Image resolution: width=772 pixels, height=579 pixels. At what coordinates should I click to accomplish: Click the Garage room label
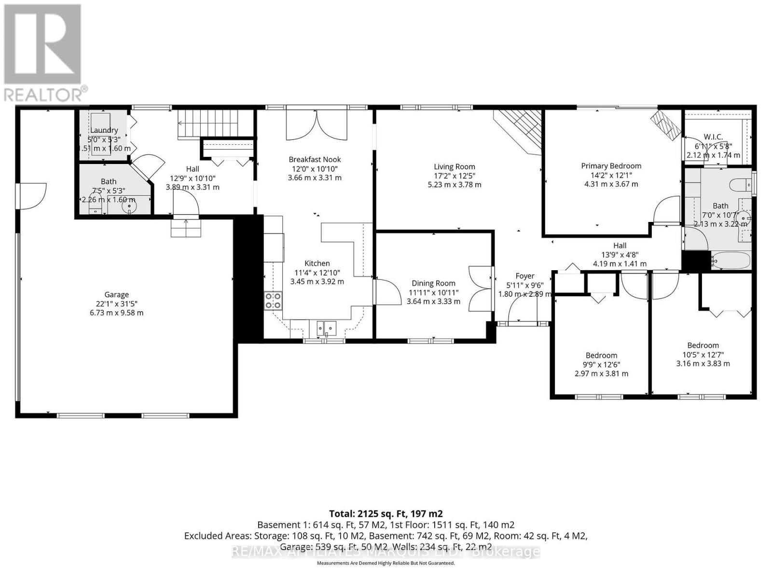click(117, 295)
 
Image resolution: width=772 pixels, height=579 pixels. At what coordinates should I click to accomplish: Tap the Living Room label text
click(454, 167)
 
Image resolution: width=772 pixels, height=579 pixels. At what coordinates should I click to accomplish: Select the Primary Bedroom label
click(611, 166)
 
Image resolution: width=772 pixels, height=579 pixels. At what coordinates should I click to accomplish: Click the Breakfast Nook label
click(315, 160)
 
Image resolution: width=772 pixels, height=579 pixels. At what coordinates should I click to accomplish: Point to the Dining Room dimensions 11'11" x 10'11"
click(433, 292)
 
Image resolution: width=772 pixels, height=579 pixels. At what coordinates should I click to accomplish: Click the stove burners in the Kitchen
click(273, 301)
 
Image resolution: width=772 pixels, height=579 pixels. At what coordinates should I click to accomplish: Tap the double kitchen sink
click(327, 328)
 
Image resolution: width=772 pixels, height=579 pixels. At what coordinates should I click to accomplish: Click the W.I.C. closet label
click(713, 137)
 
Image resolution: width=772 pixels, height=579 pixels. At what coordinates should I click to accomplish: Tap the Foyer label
click(525, 276)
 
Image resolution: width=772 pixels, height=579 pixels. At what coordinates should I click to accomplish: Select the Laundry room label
click(104, 130)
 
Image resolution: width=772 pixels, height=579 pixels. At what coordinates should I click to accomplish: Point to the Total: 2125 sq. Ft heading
click(386, 514)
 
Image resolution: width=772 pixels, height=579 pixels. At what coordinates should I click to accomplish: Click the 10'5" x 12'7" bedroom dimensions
click(703, 354)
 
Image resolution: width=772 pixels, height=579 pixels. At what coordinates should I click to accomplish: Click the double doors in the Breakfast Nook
click(316, 125)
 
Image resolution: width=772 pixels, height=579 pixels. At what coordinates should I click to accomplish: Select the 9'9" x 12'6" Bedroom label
click(601, 356)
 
